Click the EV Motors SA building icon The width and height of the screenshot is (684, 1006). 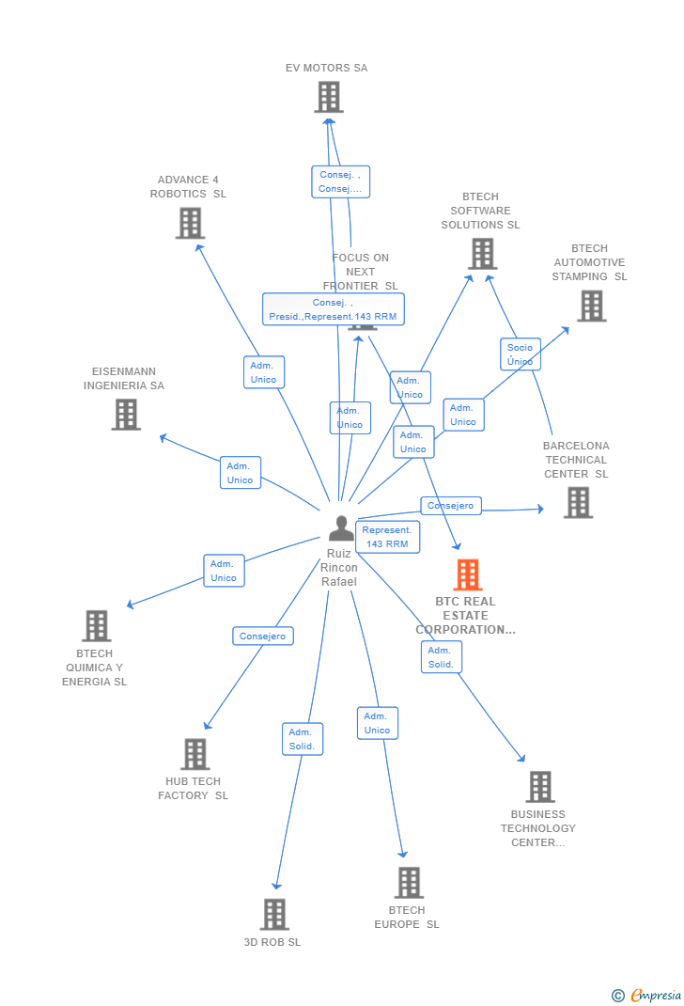[328, 97]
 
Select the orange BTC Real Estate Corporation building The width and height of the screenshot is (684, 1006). [467, 574]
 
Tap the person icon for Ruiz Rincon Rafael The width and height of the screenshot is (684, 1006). [341, 528]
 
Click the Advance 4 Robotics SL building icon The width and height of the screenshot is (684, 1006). [190, 223]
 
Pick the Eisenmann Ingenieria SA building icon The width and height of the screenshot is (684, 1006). [126, 415]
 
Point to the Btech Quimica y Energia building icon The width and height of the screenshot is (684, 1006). [96, 626]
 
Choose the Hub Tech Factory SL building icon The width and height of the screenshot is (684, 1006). [194, 754]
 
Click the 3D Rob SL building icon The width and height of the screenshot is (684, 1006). [274, 914]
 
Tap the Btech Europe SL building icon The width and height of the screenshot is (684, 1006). [409, 883]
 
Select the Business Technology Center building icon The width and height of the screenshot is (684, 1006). [539, 787]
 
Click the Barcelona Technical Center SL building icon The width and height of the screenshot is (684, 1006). [578, 503]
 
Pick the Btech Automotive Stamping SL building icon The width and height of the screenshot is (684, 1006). [591, 306]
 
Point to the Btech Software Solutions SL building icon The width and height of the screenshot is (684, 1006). [482, 254]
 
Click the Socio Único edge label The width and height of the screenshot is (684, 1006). [520, 354]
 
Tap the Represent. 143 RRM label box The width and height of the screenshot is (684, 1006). [387, 537]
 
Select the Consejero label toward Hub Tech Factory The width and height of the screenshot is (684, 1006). [263, 637]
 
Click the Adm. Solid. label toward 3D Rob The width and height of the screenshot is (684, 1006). [302, 739]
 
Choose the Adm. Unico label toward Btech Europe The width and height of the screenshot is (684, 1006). [377, 723]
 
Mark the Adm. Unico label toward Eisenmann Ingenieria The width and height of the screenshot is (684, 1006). [240, 473]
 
